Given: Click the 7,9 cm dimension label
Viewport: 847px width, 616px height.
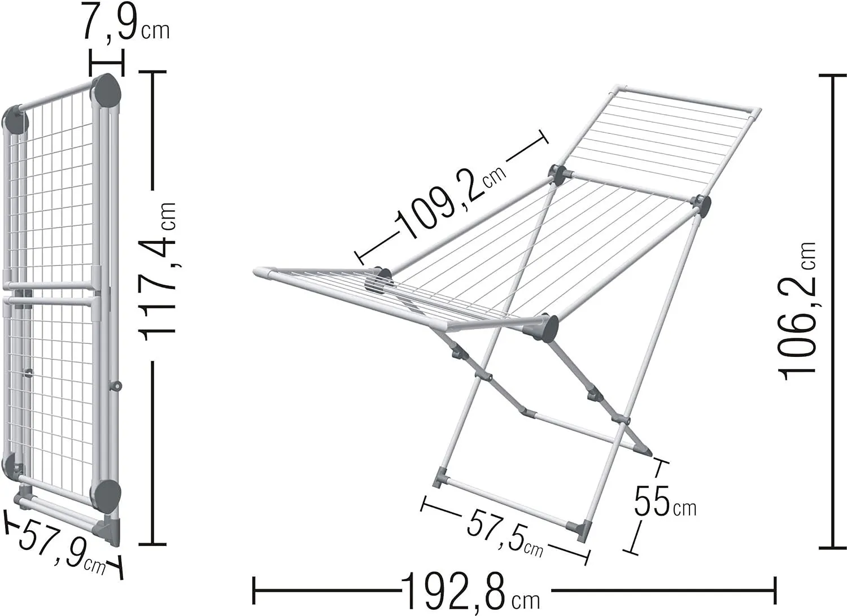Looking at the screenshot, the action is (126, 22).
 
